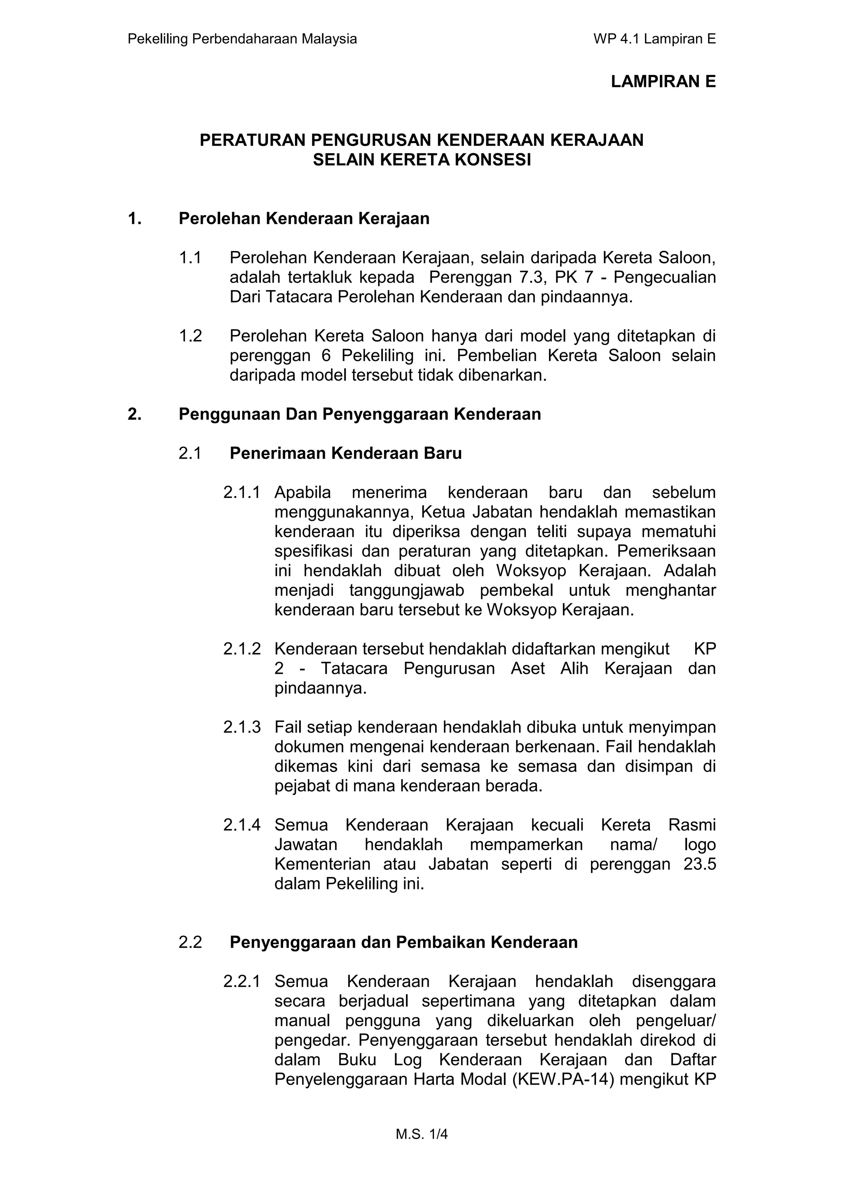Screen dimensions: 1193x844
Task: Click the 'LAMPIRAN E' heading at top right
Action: click(x=663, y=82)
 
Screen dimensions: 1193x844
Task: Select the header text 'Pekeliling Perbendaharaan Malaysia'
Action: click(x=242, y=39)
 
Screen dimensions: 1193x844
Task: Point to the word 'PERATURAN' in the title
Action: click(x=253, y=140)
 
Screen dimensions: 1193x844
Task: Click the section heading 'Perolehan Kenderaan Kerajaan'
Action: click(x=304, y=219)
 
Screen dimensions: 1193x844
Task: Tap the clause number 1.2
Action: click(x=190, y=336)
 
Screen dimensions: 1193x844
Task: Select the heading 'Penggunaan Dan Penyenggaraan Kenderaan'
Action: click(x=360, y=414)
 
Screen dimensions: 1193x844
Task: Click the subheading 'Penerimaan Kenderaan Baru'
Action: click(x=346, y=454)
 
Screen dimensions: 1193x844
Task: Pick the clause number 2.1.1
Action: click(x=241, y=492)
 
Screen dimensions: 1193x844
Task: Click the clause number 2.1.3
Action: click(x=241, y=727)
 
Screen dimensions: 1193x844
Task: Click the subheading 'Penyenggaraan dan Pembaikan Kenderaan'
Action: click(x=403, y=942)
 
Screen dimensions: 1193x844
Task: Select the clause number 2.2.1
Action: click(x=241, y=982)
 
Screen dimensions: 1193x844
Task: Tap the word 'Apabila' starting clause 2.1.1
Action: click(x=302, y=492)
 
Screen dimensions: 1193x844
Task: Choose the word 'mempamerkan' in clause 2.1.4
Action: click(x=526, y=844)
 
